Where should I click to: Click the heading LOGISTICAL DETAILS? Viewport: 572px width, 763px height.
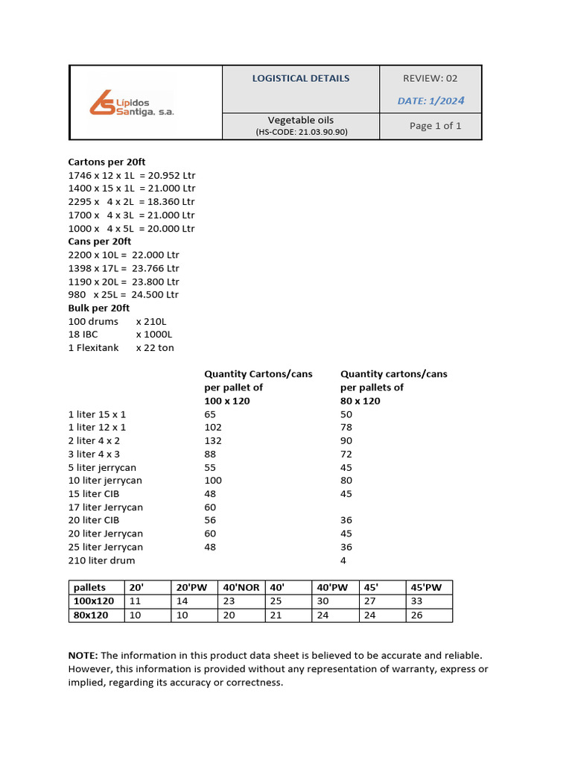300,78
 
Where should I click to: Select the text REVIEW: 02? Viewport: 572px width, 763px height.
430,78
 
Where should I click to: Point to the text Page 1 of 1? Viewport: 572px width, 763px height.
435,126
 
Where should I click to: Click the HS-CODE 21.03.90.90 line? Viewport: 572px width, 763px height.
301,132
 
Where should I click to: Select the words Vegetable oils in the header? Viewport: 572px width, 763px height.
301,120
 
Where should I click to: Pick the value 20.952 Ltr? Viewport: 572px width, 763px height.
173,175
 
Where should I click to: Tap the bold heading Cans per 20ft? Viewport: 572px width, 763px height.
99,241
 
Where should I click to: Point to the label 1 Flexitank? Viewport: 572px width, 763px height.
93,348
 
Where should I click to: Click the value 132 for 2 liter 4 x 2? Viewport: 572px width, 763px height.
213,440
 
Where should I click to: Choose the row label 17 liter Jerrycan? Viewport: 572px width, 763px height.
105,507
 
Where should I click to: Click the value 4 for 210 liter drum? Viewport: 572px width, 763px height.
343,560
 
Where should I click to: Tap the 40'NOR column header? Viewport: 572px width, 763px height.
241,587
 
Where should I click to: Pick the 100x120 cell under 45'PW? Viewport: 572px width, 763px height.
416,601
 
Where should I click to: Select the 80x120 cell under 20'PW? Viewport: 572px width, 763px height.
182,615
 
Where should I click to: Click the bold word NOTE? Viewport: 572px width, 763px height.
83,655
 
